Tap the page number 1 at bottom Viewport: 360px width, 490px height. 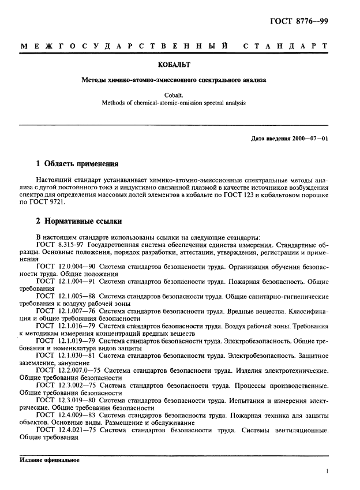327,471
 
